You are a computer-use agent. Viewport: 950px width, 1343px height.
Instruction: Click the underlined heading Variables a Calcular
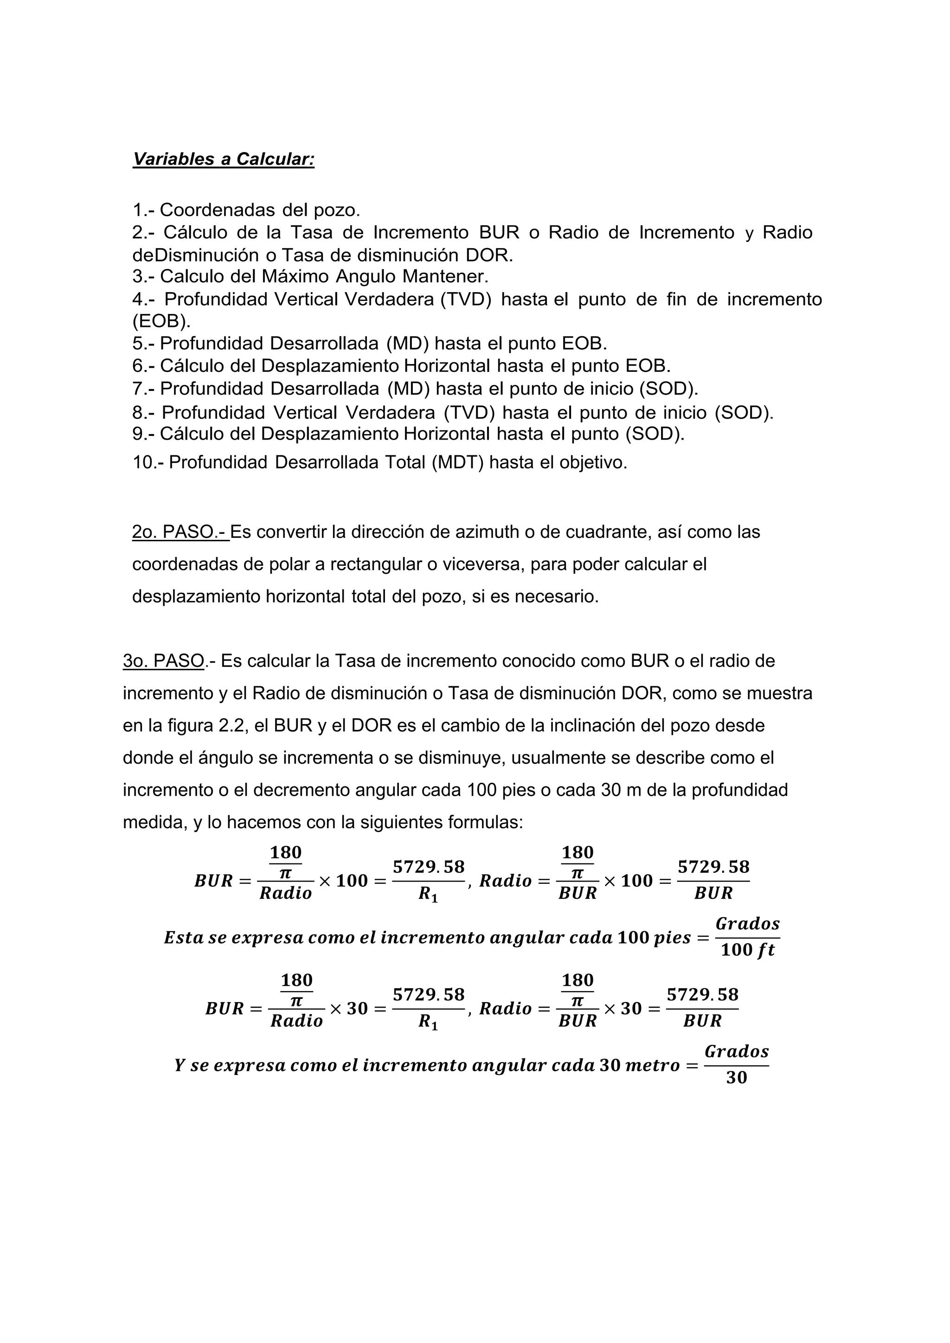pos(224,159)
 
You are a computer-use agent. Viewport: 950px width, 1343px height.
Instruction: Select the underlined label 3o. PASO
pos(164,661)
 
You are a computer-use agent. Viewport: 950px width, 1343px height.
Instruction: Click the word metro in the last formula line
pos(652,1065)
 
